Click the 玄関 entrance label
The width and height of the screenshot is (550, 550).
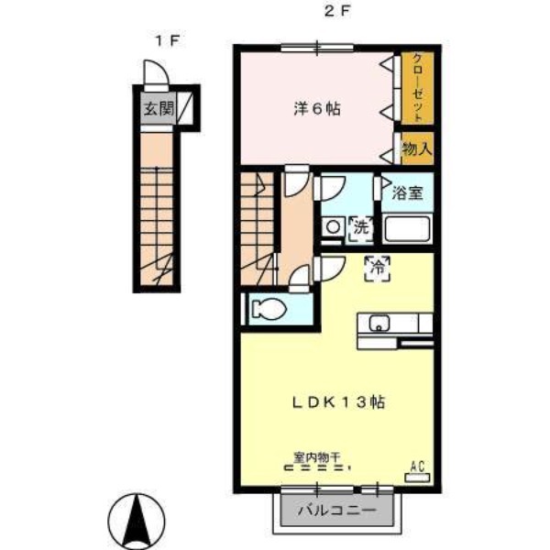click(159, 108)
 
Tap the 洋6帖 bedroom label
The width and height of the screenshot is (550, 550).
click(317, 109)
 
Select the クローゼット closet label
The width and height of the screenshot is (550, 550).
click(417, 88)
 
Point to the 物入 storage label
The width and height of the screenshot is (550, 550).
click(417, 148)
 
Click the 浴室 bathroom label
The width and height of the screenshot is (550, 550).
click(407, 192)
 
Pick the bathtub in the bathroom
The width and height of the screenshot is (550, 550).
click(407, 229)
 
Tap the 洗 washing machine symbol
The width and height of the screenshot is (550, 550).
click(361, 228)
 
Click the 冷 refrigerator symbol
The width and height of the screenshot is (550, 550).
click(378, 269)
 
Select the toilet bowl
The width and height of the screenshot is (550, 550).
click(269, 310)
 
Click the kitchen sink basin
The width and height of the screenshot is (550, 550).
click(379, 323)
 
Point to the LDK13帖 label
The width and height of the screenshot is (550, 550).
click(338, 402)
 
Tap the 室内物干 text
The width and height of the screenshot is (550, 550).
click(317, 457)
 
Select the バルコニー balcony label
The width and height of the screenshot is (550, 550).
click(336, 510)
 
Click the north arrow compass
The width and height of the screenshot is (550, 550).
click(137, 522)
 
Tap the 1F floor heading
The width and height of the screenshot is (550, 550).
click(167, 41)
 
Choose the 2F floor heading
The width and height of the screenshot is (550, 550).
click(336, 12)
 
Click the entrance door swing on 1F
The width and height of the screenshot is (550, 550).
click(157, 72)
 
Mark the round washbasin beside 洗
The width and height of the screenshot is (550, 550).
click(334, 227)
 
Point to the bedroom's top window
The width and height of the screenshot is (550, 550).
click(317, 48)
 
